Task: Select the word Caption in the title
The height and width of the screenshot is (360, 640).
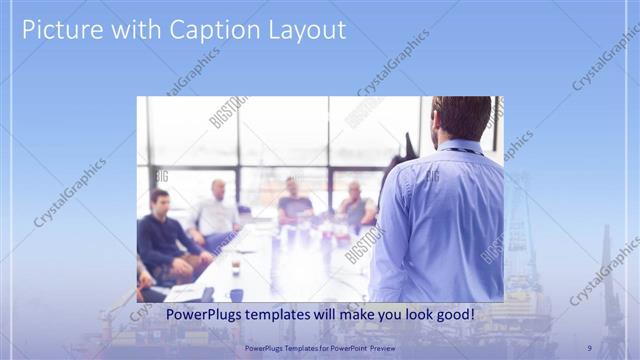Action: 206,30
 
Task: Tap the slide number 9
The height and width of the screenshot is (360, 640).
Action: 589,348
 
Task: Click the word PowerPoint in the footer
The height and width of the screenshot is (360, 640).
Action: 342,348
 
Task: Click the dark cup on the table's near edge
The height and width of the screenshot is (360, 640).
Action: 235,294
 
